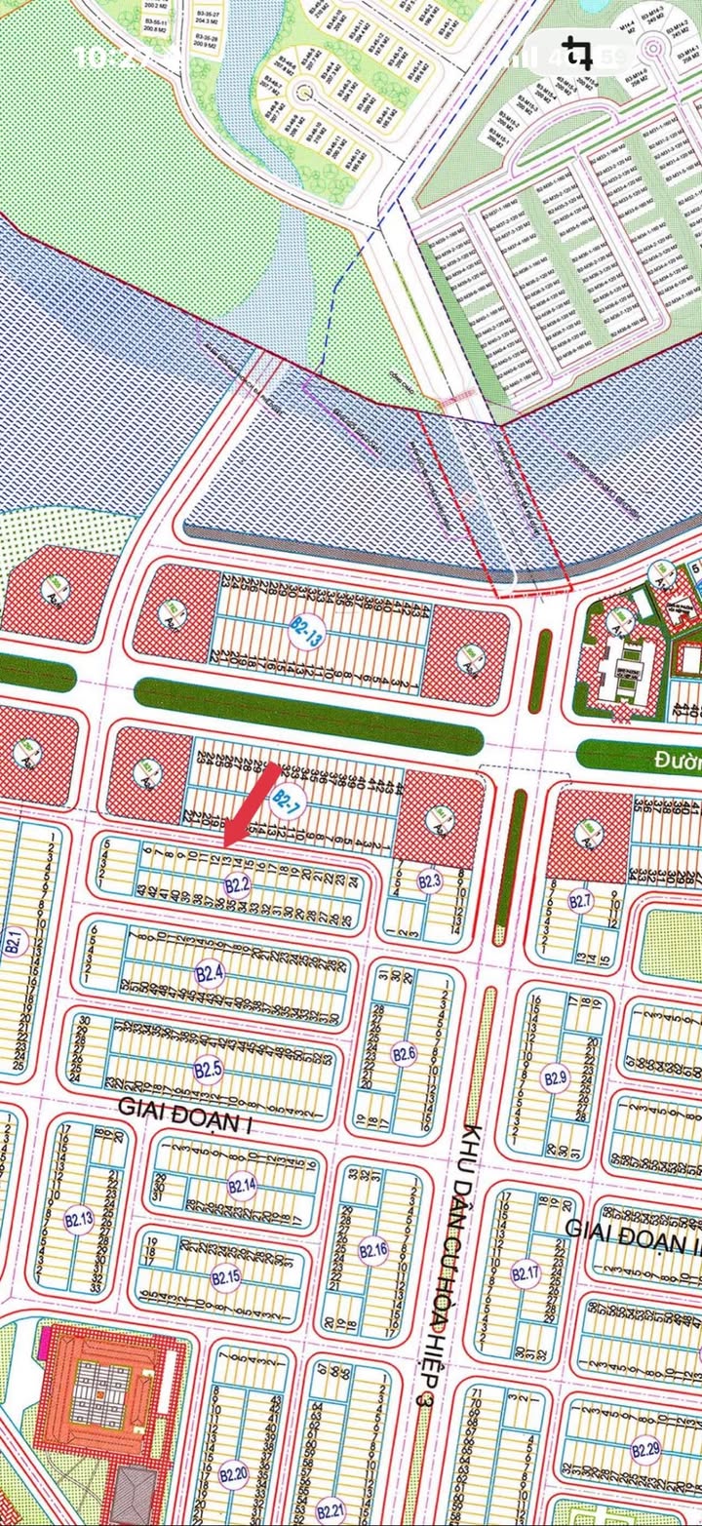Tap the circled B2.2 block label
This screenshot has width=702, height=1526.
click(238, 885)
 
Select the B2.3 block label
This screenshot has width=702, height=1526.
click(430, 881)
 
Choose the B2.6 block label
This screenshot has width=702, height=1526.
click(404, 1053)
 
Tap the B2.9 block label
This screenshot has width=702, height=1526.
click(555, 1077)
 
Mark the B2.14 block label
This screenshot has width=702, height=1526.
click(242, 1186)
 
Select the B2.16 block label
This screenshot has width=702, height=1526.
click(373, 1251)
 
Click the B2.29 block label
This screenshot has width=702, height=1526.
click(645, 1449)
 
